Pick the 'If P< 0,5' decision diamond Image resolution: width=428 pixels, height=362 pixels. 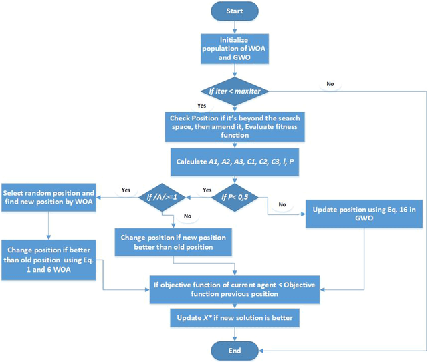(x=232, y=198)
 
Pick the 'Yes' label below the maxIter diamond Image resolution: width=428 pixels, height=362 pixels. (x=200, y=106)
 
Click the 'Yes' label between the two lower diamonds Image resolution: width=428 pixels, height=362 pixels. (x=207, y=190)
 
